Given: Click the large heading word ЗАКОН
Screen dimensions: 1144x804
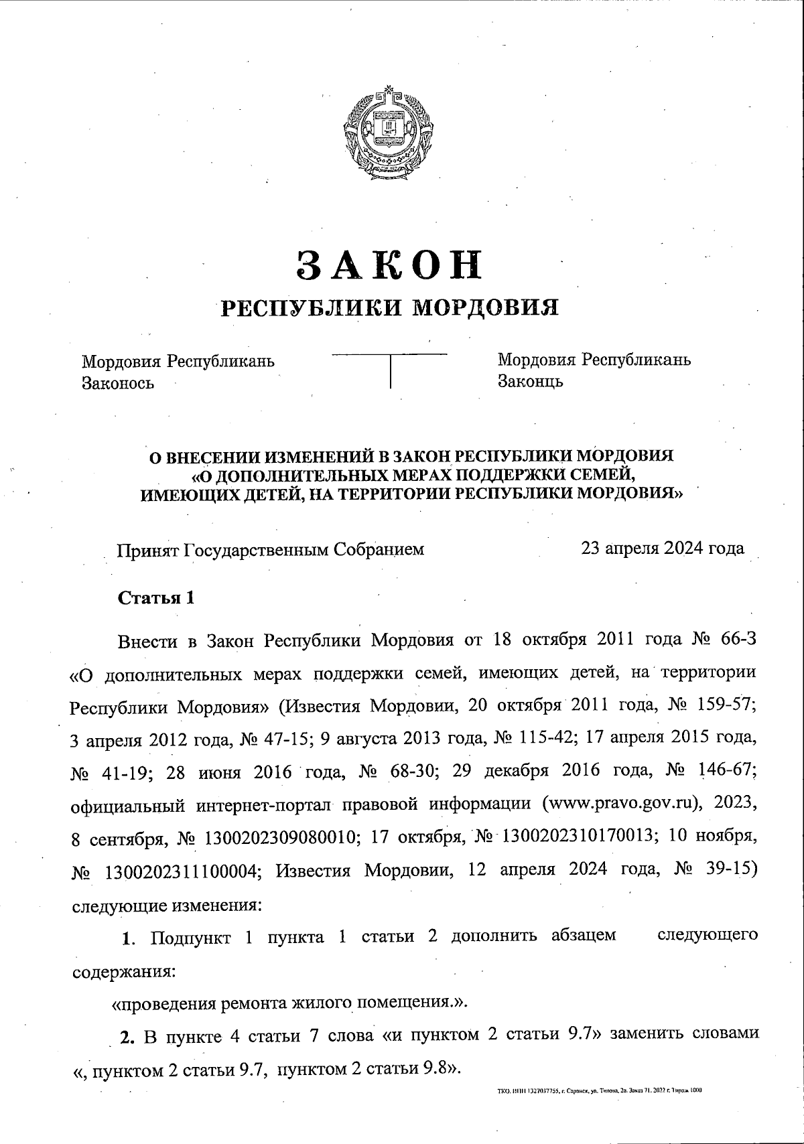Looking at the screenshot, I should [390, 265].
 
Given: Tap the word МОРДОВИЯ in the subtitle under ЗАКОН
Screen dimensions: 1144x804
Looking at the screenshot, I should [484, 307].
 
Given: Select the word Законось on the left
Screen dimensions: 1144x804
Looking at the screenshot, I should [118, 383].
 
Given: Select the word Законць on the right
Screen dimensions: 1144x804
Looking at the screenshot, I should [530, 382].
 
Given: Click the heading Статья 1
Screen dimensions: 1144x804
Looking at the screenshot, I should [156, 598].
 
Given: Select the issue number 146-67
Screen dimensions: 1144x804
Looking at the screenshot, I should [724, 771].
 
